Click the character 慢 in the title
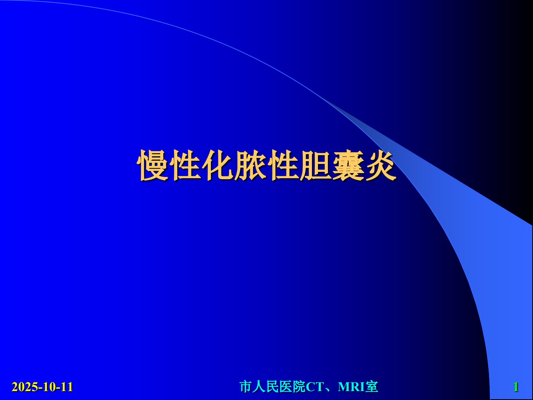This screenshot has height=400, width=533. tap(153, 165)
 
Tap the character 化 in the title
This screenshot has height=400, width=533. tap(218, 165)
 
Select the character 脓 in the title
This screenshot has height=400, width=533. tap(250, 165)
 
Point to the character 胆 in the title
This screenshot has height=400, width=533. tap(315, 165)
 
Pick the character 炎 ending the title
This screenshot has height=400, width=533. tap(381, 165)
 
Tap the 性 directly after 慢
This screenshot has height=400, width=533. tap(185, 165)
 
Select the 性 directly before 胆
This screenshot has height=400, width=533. tap(283, 165)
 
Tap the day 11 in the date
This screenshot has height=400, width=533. tap(66, 387)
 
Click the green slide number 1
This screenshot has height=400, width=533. tap(516, 387)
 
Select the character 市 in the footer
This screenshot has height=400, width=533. tap(245, 387)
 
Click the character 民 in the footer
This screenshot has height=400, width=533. tap(272, 387)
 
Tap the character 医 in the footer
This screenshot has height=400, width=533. tap(286, 387)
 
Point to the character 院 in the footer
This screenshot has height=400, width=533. tap(299, 387)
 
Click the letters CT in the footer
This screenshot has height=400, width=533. tap(315, 387)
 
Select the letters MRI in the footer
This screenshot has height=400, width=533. tap(351, 387)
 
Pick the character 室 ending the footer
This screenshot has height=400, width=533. tap(372, 387)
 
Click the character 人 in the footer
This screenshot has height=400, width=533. tap(259, 387)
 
